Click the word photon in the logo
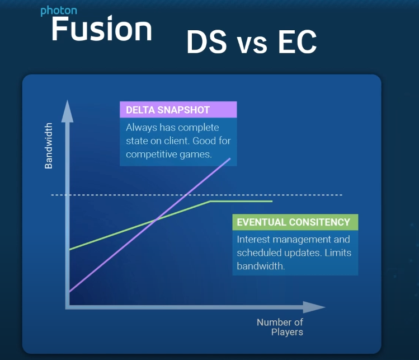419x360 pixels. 58,11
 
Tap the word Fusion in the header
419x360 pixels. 101,29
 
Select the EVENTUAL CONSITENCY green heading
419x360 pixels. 294,222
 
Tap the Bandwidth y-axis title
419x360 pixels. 49,146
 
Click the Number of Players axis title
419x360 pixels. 280,327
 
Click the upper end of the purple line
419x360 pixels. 229,159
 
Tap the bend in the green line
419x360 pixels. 210,201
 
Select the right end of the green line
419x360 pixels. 272,201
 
